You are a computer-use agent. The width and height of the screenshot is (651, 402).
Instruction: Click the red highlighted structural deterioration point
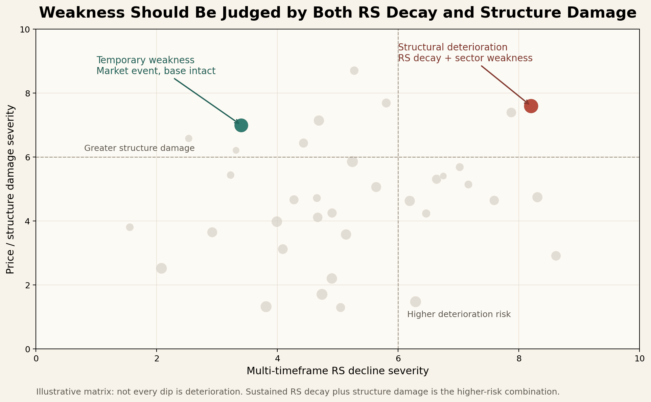531,106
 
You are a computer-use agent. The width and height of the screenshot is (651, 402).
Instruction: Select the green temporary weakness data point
241,126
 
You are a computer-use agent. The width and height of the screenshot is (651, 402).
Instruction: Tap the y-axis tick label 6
28,157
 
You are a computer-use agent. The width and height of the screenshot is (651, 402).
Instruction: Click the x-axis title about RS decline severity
338,371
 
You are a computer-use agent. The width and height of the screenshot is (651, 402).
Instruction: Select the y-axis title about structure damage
10,189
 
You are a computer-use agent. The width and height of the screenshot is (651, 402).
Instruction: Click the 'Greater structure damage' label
139,148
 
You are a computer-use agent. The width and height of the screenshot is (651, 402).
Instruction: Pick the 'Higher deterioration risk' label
459,314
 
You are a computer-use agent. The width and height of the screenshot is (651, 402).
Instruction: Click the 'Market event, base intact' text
156,71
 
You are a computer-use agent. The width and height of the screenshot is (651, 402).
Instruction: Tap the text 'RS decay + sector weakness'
465,58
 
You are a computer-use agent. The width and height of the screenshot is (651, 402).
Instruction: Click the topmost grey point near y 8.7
354,71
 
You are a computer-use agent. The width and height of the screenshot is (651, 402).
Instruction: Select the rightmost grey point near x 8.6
556,256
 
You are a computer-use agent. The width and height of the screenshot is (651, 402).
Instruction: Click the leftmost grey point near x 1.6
130,227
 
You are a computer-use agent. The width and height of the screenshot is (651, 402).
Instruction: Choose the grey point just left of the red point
511,112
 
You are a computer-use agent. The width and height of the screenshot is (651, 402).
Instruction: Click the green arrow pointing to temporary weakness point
206,101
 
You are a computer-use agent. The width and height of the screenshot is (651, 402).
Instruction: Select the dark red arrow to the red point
505,85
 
